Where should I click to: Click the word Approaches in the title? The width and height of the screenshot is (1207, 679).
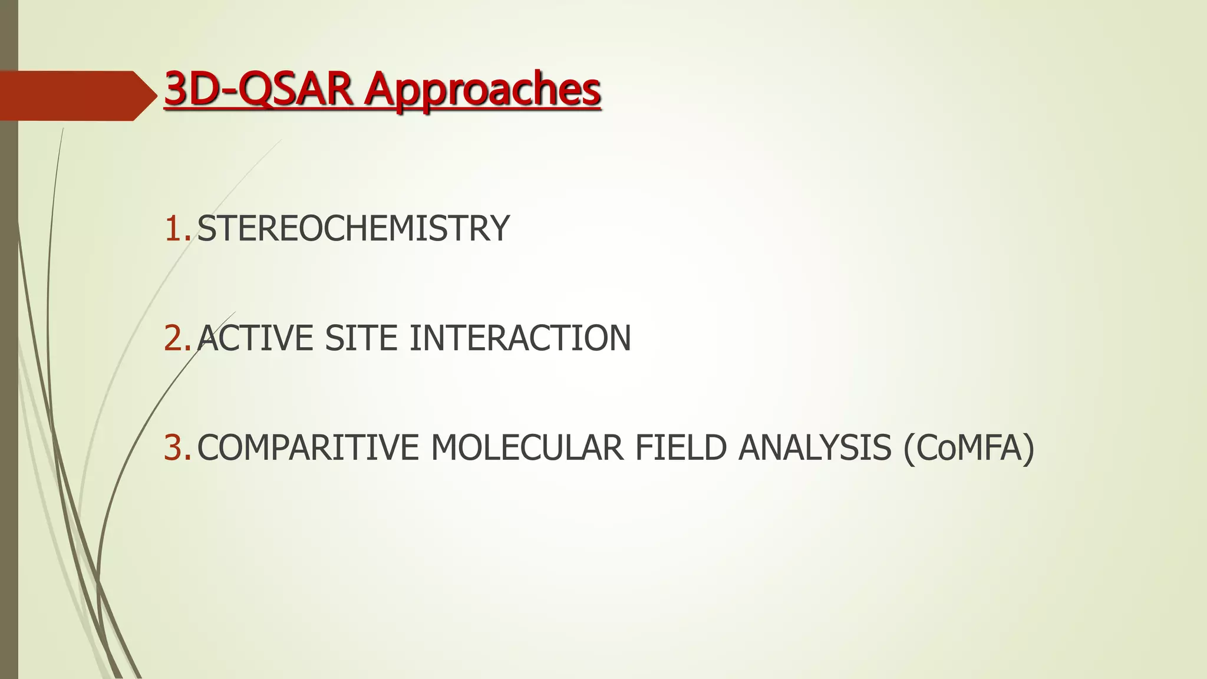pyautogui.click(x=482, y=91)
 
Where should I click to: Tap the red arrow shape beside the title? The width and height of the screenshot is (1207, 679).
pyautogui.click(x=71, y=95)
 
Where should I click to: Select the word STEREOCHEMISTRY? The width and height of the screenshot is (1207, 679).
pyautogui.click(x=352, y=229)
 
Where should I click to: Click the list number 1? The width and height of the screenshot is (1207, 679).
pyautogui.click(x=176, y=229)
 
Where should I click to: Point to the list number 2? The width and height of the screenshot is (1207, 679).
pyautogui.click(x=176, y=338)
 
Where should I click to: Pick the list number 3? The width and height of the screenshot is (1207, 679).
pyautogui.click(x=176, y=448)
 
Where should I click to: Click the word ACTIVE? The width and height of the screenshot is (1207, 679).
pyautogui.click(x=255, y=338)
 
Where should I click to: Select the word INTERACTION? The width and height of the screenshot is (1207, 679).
pyautogui.click(x=520, y=338)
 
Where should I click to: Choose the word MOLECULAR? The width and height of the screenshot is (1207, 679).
pyautogui.click(x=527, y=448)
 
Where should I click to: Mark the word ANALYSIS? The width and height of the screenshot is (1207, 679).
pyautogui.click(x=814, y=448)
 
